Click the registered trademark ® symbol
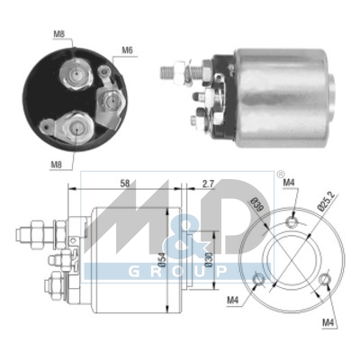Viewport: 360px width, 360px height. [x=255, y=174]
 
